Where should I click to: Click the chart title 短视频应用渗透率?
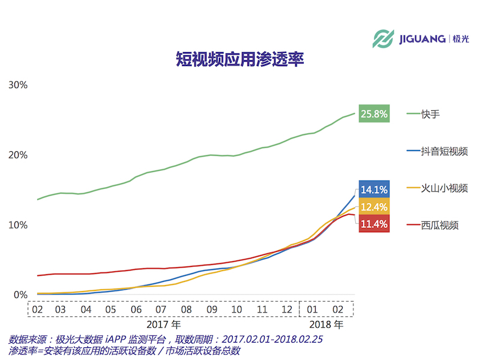(x=240, y=59)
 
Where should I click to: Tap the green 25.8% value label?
(x=374, y=113)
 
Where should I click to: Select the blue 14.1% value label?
(x=374, y=190)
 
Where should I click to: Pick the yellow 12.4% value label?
(x=374, y=207)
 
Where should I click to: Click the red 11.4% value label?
(x=374, y=224)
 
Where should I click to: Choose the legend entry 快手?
(x=430, y=113)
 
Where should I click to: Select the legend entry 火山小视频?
(x=444, y=188)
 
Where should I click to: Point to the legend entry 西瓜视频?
(x=439, y=225)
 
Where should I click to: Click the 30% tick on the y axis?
(x=18, y=85)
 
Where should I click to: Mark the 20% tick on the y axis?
(x=18, y=155)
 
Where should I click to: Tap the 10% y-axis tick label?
(x=18, y=225)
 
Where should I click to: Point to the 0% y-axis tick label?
(x=20, y=295)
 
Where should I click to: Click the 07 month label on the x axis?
(x=161, y=310)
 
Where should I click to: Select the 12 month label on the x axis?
(x=287, y=310)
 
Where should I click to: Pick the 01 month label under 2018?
(x=312, y=310)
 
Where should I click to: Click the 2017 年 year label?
(x=167, y=325)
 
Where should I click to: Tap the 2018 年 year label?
(x=326, y=325)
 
